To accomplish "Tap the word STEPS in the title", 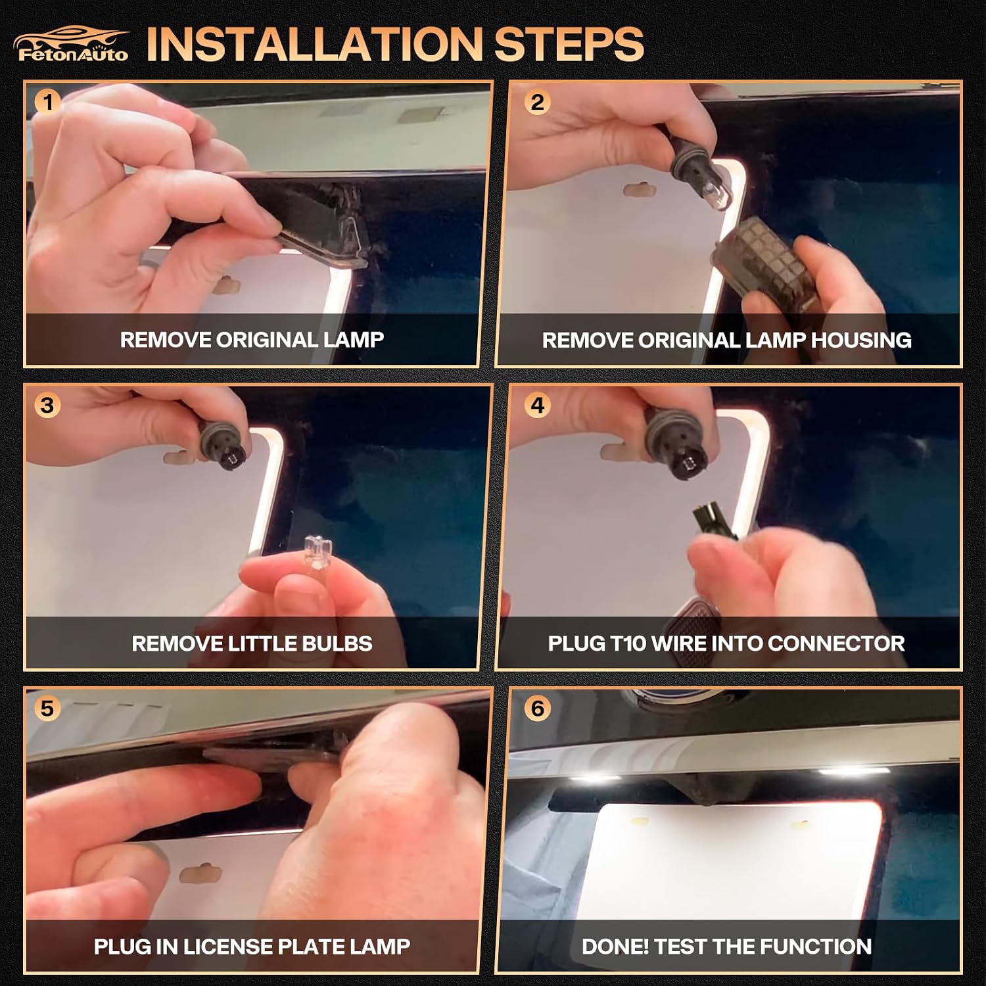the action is pos(569,44).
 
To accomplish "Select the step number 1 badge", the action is pos(47,102).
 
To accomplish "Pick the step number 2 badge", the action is pos(538,102).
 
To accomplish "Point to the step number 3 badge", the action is pos(47,405).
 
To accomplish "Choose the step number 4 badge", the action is pos(538,405).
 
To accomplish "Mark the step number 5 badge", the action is pos(47,708).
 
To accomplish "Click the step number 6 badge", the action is pos(538,708).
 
